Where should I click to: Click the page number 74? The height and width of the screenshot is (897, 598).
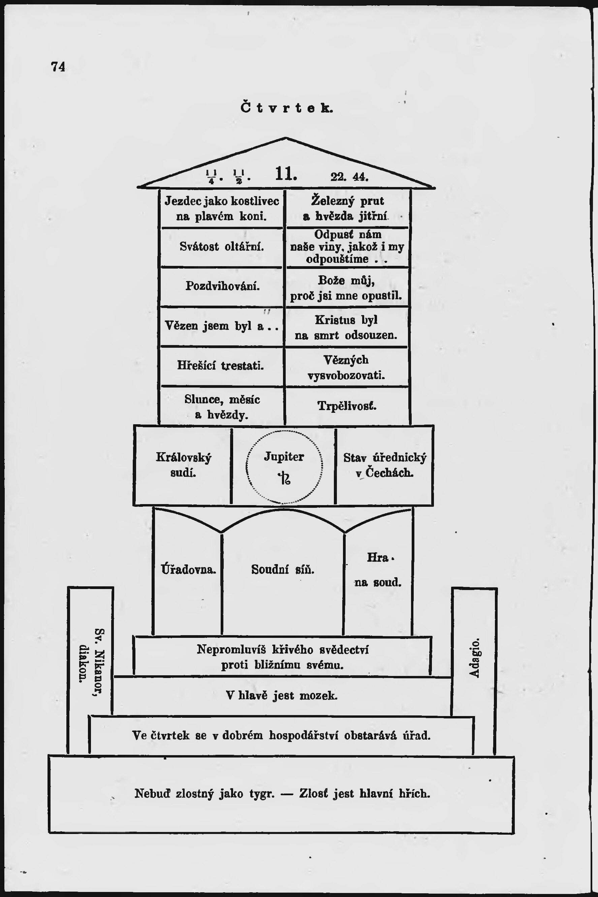pyautogui.click(x=58, y=67)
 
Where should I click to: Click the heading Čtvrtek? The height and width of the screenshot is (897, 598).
pyautogui.click(x=287, y=108)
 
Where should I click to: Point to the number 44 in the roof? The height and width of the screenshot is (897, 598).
pyautogui.click(x=360, y=177)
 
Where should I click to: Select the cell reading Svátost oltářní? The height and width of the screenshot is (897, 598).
pyautogui.click(x=222, y=247)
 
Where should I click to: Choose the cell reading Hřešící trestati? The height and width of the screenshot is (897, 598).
pyautogui.click(x=220, y=365)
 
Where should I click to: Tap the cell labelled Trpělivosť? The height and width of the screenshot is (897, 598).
pyautogui.click(x=347, y=406)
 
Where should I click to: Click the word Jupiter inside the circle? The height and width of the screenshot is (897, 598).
pyautogui.click(x=284, y=457)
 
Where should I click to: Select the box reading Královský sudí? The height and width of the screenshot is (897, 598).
pyautogui.click(x=183, y=465)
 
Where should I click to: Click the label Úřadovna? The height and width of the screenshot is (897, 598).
pyautogui.click(x=188, y=570)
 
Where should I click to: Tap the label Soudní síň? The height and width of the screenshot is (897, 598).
pyautogui.click(x=283, y=570)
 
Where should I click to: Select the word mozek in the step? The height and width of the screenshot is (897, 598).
pyautogui.click(x=318, y=696)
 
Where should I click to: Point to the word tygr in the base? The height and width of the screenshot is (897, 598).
pyautogui.click(x=262, y=794)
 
